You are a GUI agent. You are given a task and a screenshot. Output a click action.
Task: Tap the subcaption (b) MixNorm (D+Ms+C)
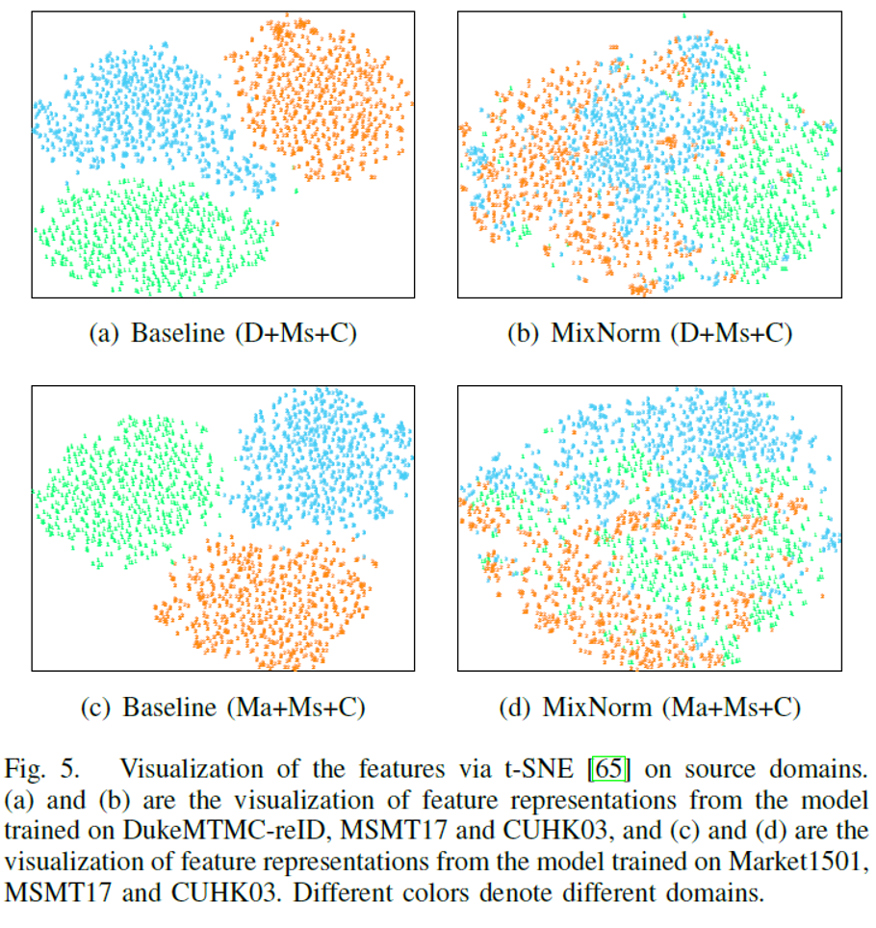650,334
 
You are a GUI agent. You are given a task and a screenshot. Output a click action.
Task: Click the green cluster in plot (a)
149,236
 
